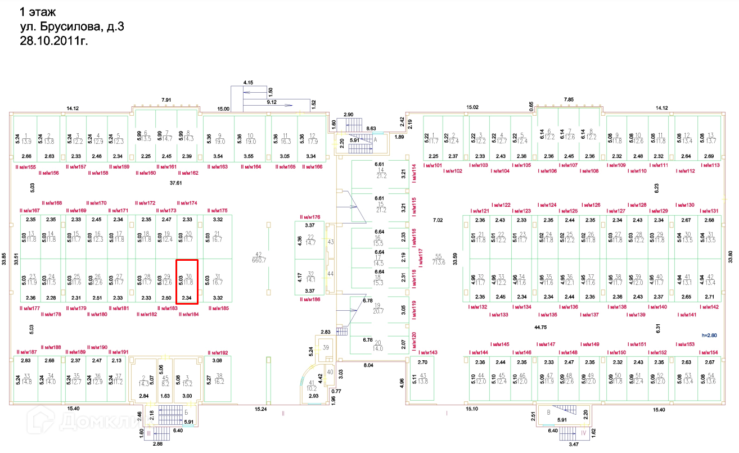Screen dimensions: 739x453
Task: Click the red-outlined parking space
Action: point(187,282)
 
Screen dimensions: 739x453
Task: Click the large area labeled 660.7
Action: point(259,257)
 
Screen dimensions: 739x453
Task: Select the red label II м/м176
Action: point(310,216)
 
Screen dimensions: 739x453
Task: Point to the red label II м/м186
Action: point(310,300)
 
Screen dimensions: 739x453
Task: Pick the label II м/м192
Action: point(217,352)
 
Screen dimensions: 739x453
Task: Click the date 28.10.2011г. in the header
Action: point(54,40)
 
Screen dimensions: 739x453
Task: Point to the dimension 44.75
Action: point(540,327)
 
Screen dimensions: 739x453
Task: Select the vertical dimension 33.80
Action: point(731,256)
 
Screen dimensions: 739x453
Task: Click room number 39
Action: point(326,348)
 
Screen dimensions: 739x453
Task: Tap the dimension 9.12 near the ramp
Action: point(271,102)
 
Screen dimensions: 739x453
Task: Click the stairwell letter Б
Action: point(185,413)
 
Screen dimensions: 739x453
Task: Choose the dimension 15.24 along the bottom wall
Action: point(260,409)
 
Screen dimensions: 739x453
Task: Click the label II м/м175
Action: point(217,210)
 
